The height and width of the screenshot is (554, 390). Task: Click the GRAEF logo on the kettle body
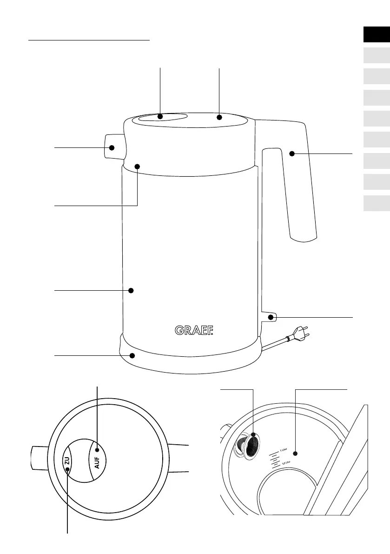(194, 330)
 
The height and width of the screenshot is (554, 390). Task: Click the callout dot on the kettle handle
(291, 154)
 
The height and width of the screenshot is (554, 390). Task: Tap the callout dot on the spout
(112, 148)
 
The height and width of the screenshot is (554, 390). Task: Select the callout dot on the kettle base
(132, 356)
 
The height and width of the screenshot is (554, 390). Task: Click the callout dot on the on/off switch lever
(270, 318)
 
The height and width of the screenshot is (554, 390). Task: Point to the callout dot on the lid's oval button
(160, 117)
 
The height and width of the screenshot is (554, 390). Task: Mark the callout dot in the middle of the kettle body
(131, 290)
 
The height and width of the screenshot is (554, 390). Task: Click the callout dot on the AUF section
(97, 450)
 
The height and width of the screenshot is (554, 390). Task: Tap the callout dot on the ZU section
(68, 469)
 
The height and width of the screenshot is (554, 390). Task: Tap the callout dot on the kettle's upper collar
(138, 166)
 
